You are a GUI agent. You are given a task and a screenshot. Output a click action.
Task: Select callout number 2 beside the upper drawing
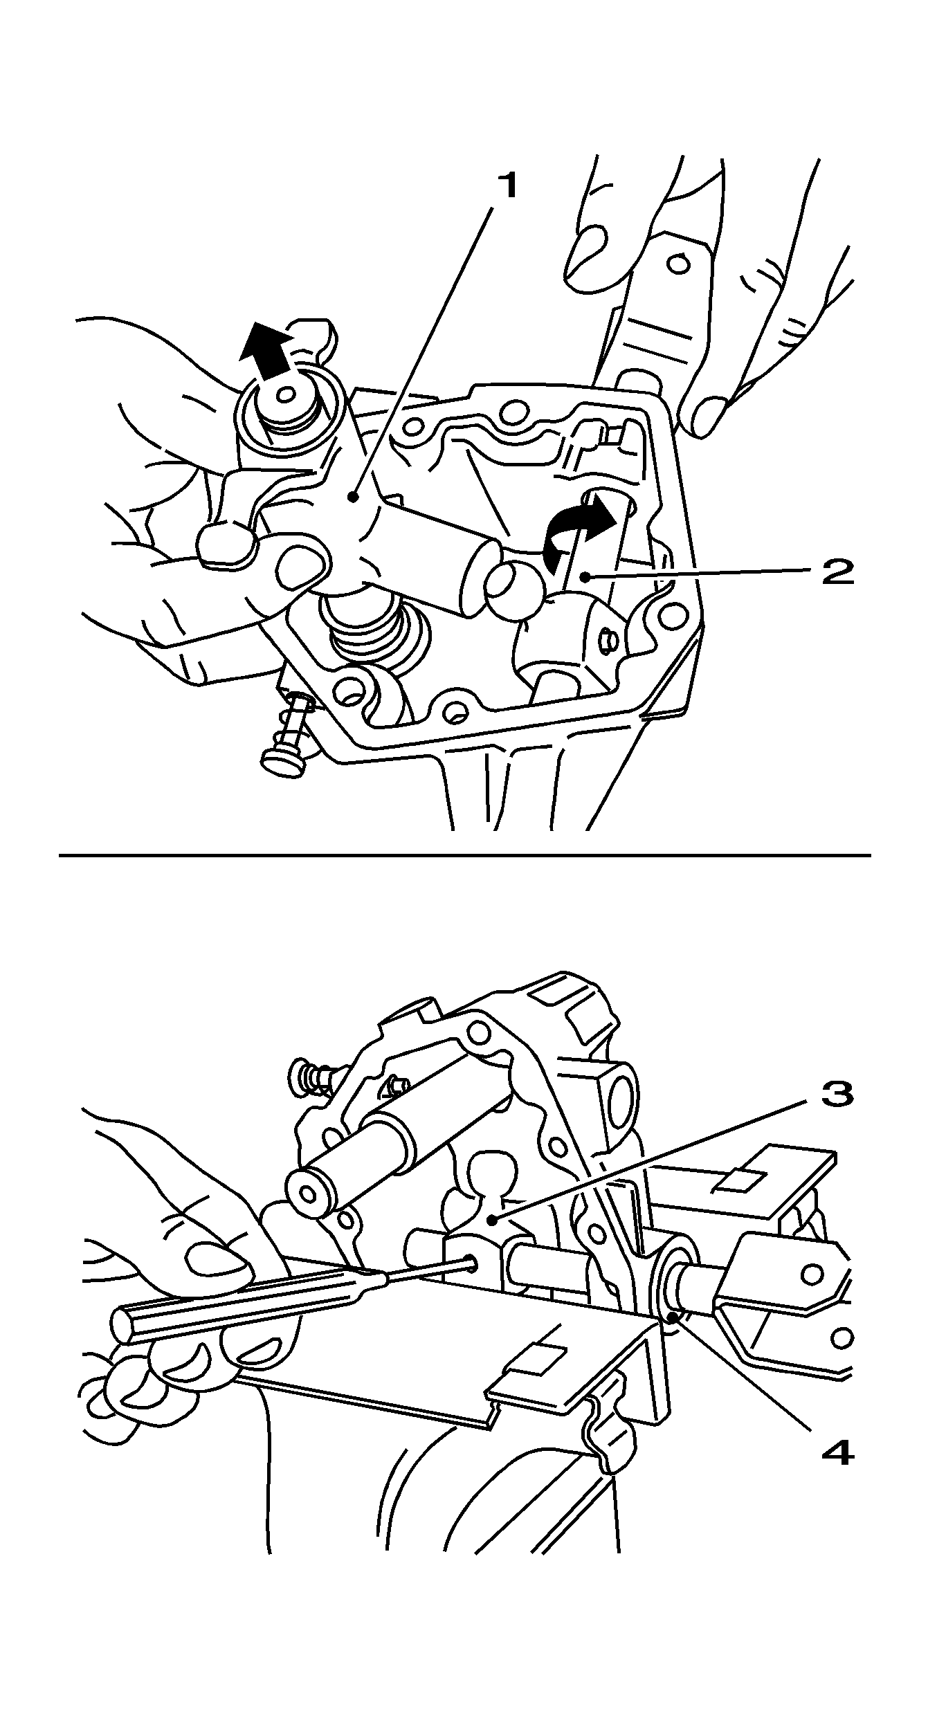[x=837, y=572]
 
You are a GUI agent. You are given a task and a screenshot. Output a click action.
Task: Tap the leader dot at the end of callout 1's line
[x=354, y=496]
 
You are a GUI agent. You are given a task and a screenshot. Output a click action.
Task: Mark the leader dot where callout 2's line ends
[x=585, y=576]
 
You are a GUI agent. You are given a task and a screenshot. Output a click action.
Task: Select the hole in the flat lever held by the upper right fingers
[x=680, y=264]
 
